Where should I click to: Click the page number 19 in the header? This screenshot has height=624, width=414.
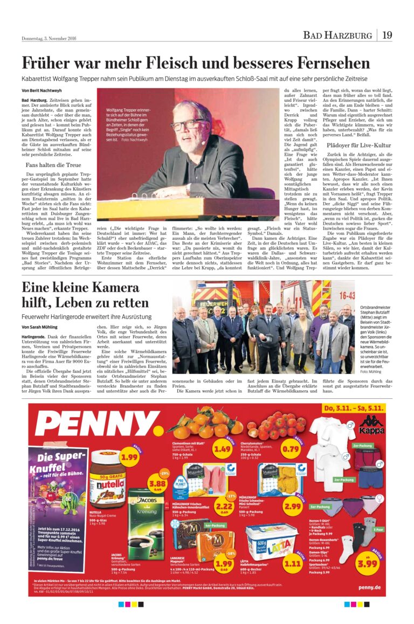pyautogui.click(x=387, y=36)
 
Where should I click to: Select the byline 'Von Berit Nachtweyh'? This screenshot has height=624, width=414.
pyautogui.click(x=41, y=90)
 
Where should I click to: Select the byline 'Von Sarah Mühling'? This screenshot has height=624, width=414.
pyautogui.click(x=40, y=327)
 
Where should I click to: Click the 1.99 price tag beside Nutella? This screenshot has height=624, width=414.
pyautogui.click(x=129, y=457)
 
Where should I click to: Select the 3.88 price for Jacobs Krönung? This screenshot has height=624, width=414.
pyautogui.click(x=157, y=483)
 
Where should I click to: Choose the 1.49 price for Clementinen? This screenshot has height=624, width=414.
pyautogui.click(x=222, y=449)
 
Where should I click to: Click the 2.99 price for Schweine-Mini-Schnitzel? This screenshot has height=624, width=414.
pyautogui.click(x=293, y=506)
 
